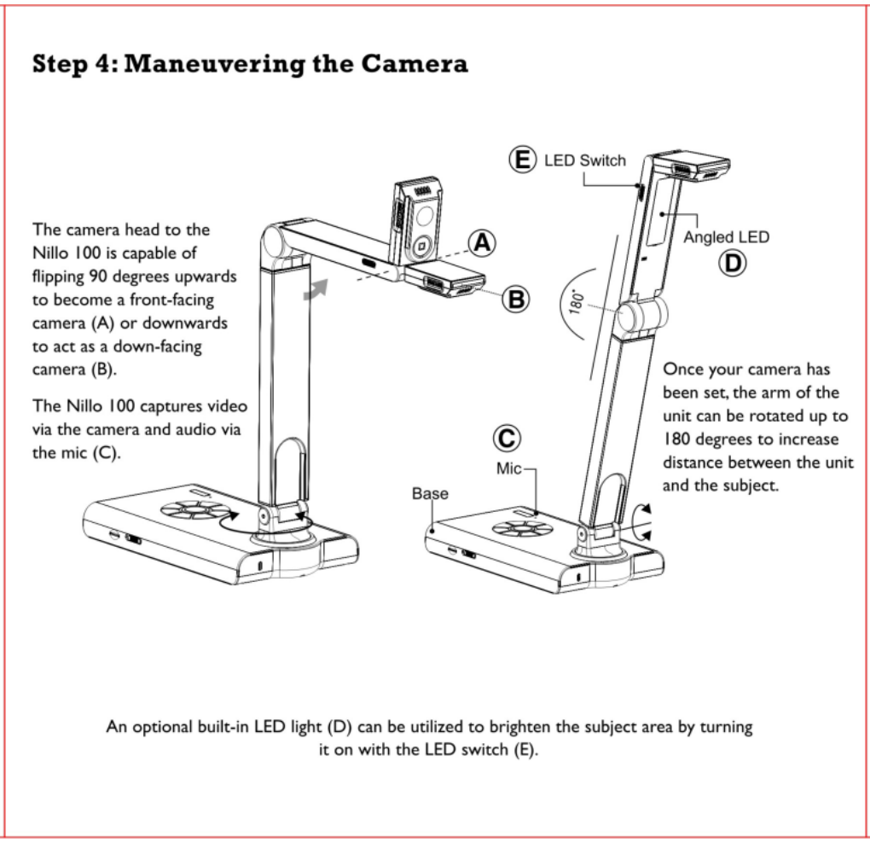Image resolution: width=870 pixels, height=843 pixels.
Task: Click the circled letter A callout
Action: coord(483,243)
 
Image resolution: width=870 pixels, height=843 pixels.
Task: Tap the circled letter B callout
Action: coord(516,298)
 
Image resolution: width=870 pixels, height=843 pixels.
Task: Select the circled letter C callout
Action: coord(505,439)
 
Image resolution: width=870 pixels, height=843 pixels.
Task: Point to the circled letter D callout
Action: coord(731,264)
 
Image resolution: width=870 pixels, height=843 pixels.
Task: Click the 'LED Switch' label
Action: coord(585,160)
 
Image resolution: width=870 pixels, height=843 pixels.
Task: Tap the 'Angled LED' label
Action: coord(726,237)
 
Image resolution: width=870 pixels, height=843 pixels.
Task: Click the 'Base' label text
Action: coord(430,493)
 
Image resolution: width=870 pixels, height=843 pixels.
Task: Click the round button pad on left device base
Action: coord(195,510)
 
